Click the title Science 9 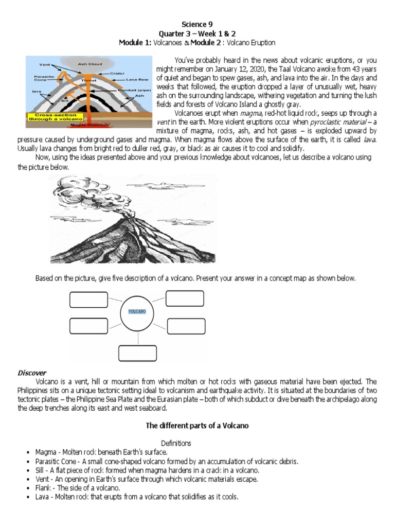197,24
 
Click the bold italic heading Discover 32,373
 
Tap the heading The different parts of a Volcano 197,426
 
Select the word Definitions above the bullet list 176,443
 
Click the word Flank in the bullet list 43,487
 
